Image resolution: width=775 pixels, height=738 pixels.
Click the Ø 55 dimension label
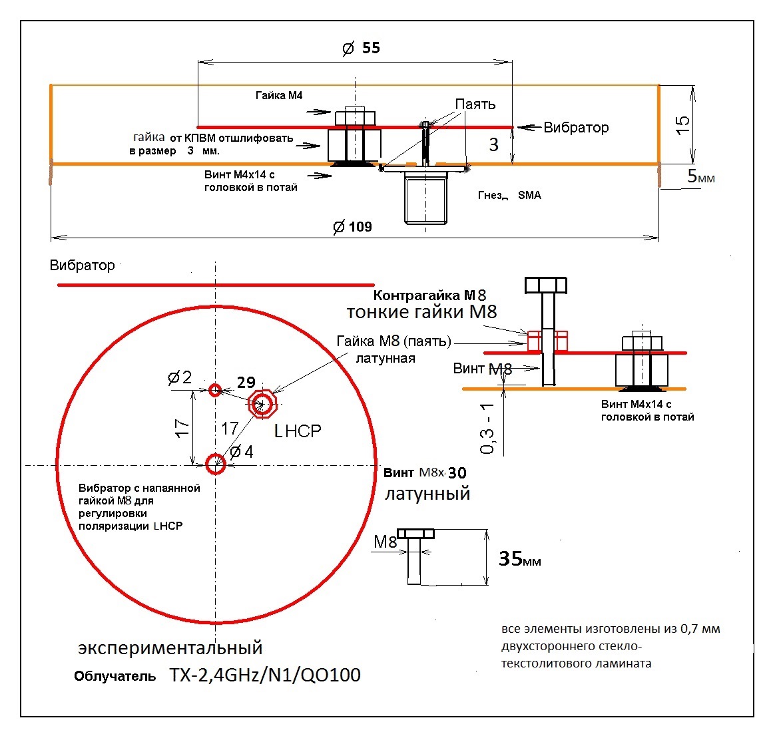point(362,48)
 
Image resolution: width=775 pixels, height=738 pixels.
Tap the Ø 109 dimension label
point(353,227)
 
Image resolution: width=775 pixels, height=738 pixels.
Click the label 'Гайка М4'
point(279,96)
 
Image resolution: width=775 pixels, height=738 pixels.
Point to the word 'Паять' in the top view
point(475,104)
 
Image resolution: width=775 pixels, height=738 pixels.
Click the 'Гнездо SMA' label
point(509,195)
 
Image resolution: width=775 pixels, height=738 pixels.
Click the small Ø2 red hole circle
point(214,390)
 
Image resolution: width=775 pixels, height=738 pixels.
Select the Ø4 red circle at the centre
point(215,464)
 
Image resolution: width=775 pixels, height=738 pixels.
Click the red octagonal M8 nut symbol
point(262,403)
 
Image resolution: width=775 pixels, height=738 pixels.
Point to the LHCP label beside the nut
point(298,431)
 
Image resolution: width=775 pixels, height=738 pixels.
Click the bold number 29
point(246,382)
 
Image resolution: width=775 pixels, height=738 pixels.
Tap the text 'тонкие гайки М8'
point(421,312)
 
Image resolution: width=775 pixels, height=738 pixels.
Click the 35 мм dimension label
point(519,559)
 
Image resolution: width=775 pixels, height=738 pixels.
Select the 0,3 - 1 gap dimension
point(488,429)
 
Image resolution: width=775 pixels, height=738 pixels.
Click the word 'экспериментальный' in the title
point(170,647)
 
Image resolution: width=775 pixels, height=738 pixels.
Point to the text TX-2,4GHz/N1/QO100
point(265,675)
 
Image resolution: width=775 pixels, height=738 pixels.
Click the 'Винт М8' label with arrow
point(482,369)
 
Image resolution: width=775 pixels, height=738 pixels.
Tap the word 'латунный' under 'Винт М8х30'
point(427,494)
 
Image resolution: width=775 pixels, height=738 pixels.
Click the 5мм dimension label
point(701,177)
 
